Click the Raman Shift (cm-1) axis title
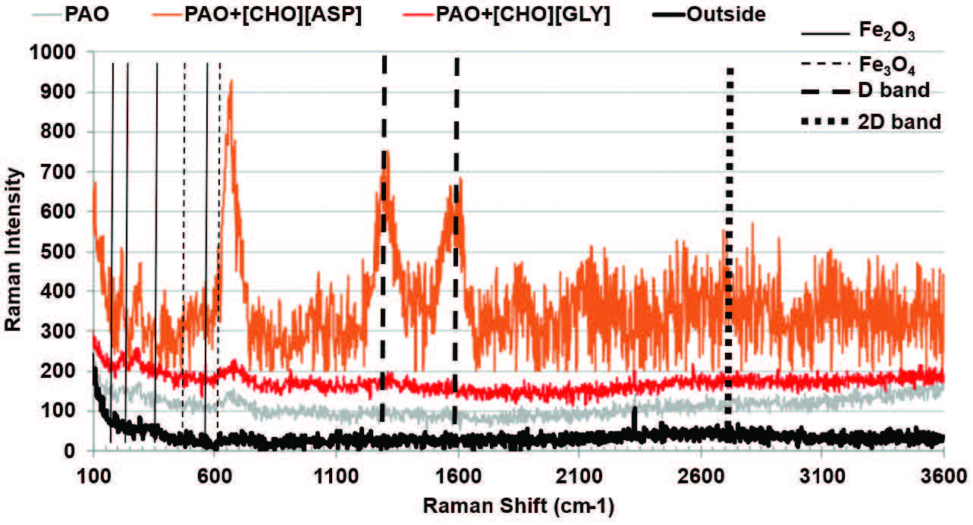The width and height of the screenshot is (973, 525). tap(518, 505)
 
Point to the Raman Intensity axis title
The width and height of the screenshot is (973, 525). tap(14, 250)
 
